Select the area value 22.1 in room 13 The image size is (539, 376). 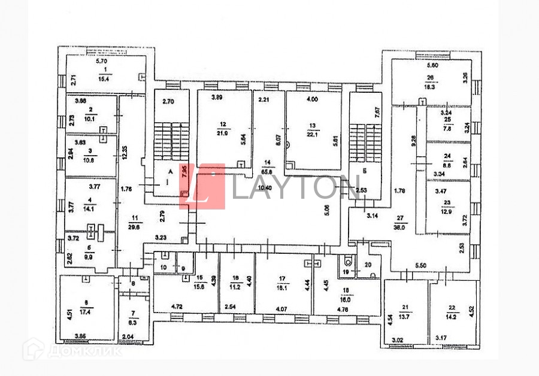click(x=312, y=133)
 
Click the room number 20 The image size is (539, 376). click(x=368, y=264)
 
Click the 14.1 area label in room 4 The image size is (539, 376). click(x=89, y=210)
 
